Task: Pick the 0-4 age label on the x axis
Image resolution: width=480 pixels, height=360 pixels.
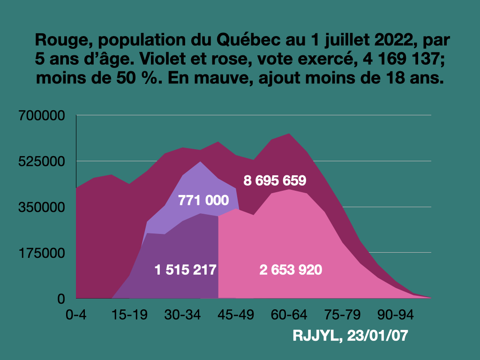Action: point(76,314)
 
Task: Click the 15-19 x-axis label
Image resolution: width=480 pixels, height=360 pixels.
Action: point(129,314)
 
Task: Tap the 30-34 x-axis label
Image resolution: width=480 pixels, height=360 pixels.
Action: point(182,314)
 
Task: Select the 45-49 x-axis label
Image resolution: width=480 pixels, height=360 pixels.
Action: point(236,314)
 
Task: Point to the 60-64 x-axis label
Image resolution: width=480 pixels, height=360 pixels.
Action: point(289,314)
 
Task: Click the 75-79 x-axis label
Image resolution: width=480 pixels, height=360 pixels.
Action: point(343,314)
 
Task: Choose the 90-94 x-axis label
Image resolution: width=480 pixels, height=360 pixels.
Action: point(396,314)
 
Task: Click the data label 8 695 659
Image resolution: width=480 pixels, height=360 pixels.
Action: point(275,180)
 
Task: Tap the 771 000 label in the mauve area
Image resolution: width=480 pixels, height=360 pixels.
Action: point(203,201)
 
